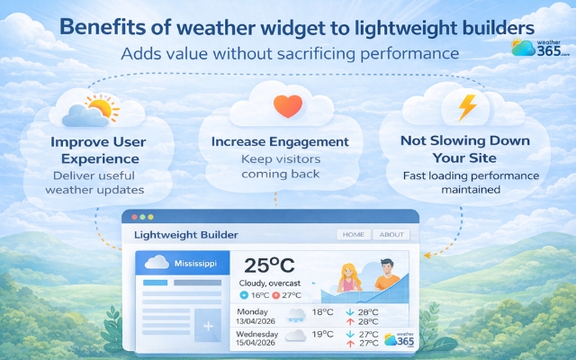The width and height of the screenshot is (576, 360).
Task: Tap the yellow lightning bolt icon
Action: tap(468, 107)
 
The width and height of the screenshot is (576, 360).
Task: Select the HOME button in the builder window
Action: tap(354, 234)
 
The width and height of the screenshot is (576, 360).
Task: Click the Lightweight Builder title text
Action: tap(185, 235)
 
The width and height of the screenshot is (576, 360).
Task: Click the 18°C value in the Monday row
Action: tap(323, 312)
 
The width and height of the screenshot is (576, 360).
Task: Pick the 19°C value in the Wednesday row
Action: tap(323, 335)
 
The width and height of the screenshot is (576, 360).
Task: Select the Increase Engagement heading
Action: tap(279, 141)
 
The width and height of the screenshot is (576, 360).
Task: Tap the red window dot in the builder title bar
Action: tap(135, 218)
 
